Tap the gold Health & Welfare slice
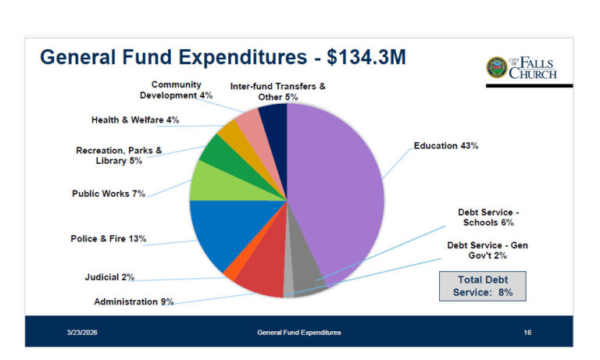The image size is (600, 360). click(230, 132)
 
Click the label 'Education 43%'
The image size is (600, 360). click(445, 146)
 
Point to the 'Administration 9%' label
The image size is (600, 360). click(134, 301)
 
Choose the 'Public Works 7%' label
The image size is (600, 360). click(109, 193)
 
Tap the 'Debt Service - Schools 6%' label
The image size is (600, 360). click(488, 217)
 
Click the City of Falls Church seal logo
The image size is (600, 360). click(496, 68)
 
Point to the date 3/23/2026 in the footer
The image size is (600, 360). click(82, 333)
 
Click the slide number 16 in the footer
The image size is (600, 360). click(527, 333)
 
